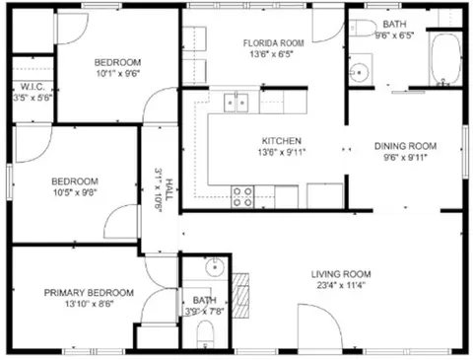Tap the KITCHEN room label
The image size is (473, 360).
281,140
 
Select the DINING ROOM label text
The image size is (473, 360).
405,146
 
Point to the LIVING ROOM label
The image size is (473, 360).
340,274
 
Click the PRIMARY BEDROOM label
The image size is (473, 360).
88,293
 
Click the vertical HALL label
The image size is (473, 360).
169,182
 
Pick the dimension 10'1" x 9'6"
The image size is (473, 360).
116,73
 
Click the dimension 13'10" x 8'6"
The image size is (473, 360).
88,305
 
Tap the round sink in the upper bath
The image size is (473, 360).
361,71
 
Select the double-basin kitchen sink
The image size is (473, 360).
235,100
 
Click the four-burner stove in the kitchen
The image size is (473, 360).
241,196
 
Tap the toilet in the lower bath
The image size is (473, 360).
204,340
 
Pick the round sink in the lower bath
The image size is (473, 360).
214,268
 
